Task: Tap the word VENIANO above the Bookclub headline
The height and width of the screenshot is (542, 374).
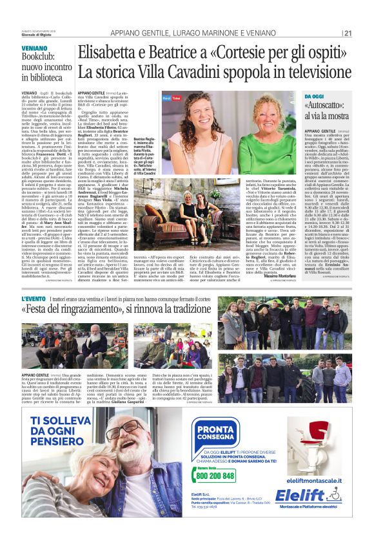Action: (35, 48)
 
